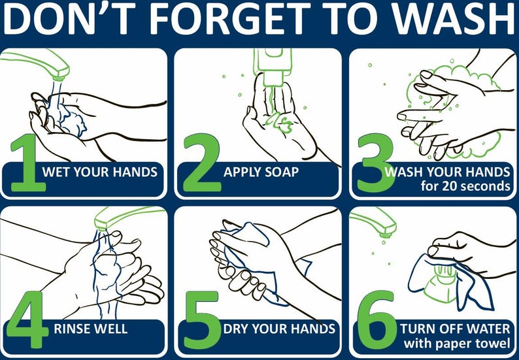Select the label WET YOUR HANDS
tap(99, 172)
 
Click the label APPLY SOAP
tap(261, 172)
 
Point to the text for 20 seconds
tap(465, 186)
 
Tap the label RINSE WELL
tap(91, 329)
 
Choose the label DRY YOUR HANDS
tap(279, 329)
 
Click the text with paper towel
tap(456, 343)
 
